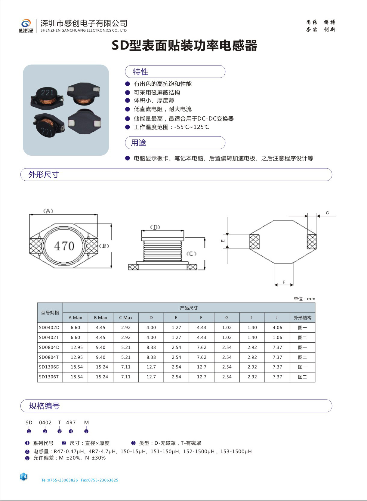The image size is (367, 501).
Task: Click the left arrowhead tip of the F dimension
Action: point(275,285)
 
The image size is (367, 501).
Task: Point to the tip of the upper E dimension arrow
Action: point(227,236)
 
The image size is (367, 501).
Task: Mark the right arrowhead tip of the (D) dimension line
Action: point(183,231)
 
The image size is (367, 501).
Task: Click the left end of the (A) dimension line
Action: point(29,215)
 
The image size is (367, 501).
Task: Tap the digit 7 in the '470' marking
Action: point(64,246)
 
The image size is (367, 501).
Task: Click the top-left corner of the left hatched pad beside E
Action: point(250,234)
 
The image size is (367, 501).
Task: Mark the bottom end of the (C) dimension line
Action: point(205,269)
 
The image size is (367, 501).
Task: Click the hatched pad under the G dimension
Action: point(312,242)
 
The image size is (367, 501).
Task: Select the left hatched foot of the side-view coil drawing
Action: point(133,267)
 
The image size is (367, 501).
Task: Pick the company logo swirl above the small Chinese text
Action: point(26,23)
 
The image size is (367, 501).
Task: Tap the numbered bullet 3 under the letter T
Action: point(59,431)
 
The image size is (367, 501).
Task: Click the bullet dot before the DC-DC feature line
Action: point(128,118)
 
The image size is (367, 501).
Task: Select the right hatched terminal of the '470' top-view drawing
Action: point(92,246)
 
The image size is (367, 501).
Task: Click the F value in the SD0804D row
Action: point(202,347)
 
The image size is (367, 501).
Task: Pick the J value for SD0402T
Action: point(277,337)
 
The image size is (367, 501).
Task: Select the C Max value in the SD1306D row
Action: point(126,367)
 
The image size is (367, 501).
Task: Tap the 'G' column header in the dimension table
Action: point(227,318)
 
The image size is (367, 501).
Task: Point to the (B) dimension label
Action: point(104,246)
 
